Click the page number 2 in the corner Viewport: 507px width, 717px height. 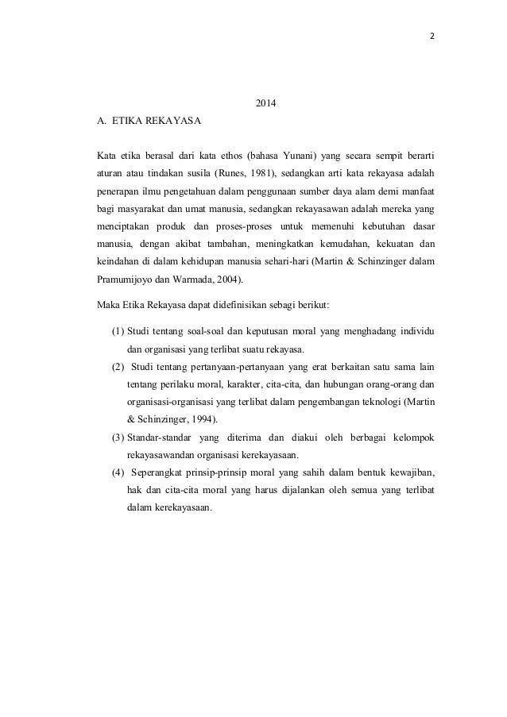click(421, 36)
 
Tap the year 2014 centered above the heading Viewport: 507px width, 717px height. click(264, 104)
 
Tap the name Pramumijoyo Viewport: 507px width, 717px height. click(125, 279)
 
